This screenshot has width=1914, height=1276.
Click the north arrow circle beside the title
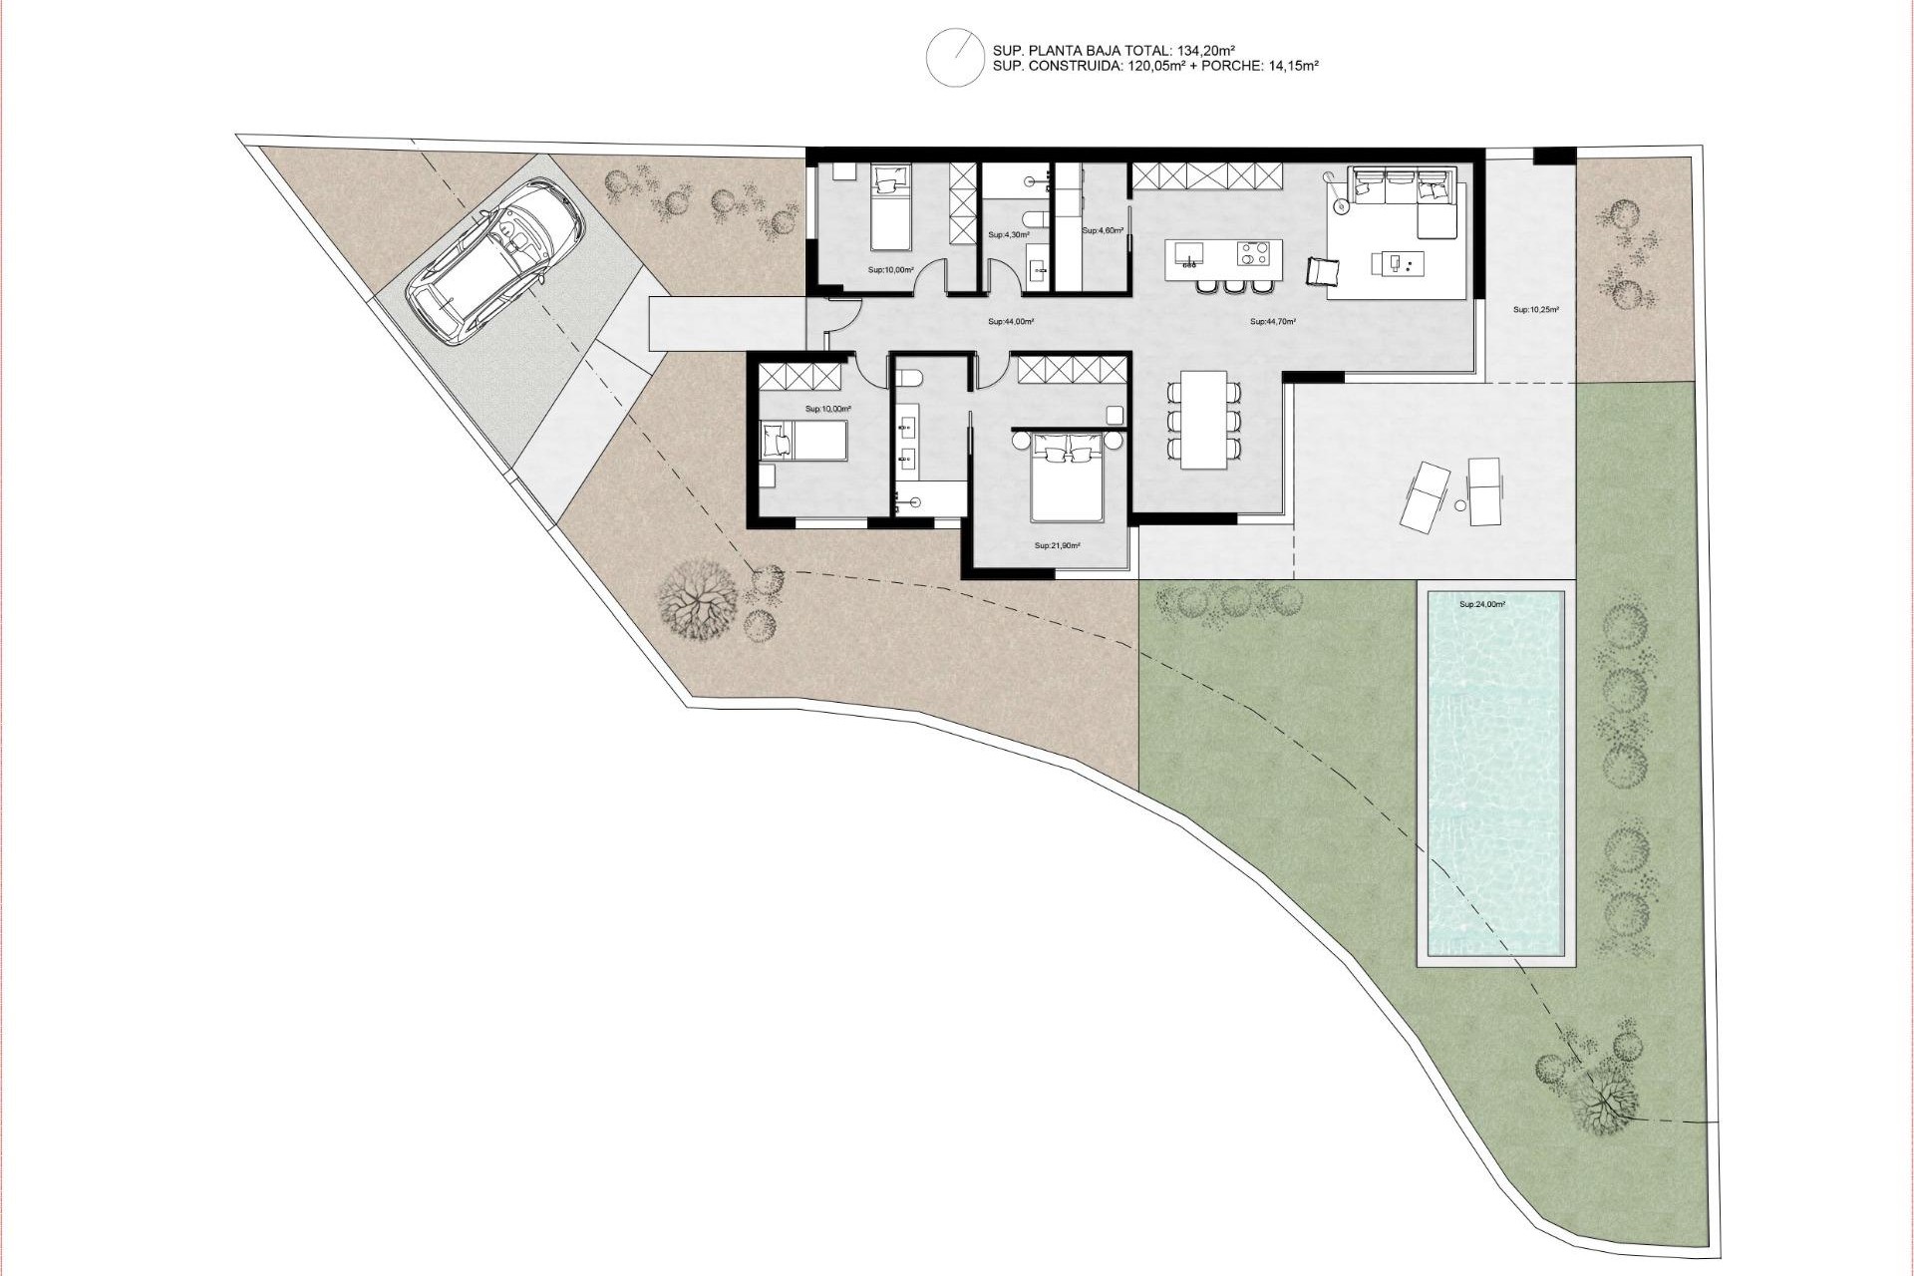(x=955, y=58)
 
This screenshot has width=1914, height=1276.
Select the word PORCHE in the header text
(x=1238, y=66)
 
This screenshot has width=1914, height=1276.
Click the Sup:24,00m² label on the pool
(x=1481, y=604)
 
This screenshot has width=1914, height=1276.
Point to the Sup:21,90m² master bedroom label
(x=1057, y=545)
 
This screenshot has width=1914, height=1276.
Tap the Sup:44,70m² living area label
(x=1272, y=322)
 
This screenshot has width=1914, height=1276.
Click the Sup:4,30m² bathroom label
(x=1007, y=235)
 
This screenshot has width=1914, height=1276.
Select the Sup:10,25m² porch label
(x=1535, y=310)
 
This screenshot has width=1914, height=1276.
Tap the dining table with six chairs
(x=1204, y=419)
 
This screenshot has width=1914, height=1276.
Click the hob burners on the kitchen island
(x=1254, y=254)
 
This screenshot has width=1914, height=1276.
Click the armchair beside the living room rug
(x=1324, y=272)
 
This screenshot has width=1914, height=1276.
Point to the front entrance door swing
(x=840, y=317)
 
